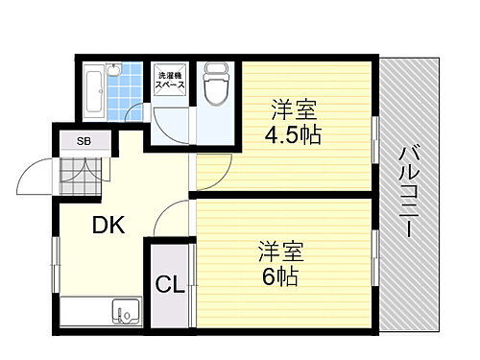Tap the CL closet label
[170, 285]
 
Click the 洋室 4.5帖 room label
[293, 120]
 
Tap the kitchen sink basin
[125, 313]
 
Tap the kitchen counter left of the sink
[84, 312]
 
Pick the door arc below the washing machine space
[174, 120]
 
